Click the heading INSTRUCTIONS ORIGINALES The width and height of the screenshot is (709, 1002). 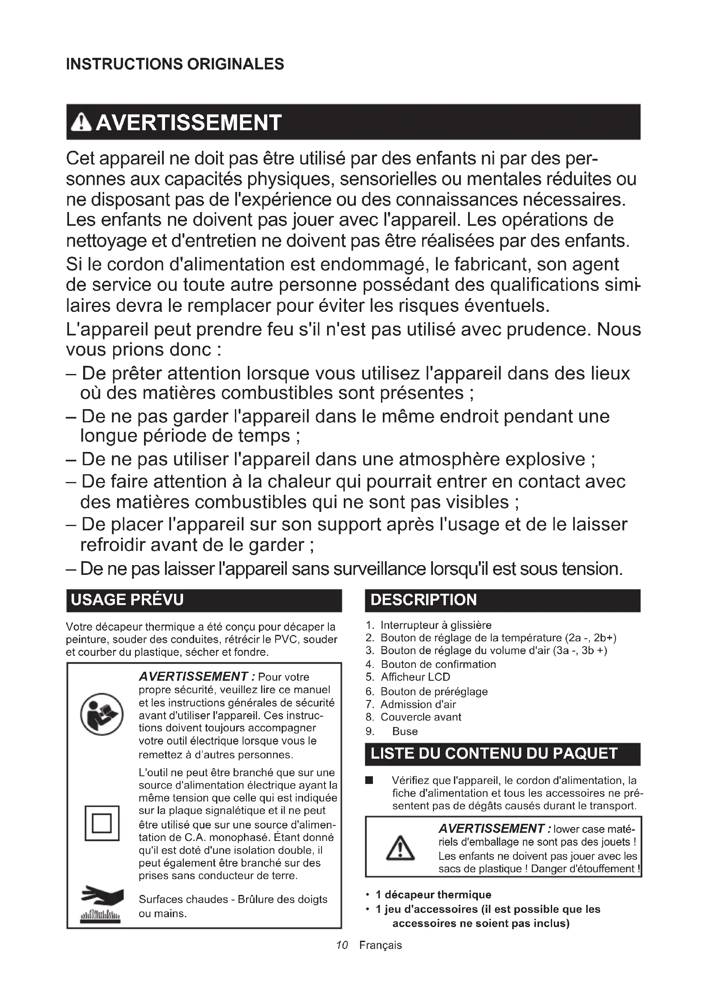pos(174,64)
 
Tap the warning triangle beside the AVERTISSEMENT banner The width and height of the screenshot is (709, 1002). pos(81,123)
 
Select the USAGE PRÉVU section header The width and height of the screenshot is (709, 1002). pos(127,600)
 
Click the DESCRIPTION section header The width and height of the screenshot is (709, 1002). pos(423,600)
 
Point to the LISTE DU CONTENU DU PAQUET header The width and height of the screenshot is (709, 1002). pos(494,754)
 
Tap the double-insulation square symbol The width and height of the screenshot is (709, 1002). pos(102,823)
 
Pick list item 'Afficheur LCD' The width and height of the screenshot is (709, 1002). pos(415,677)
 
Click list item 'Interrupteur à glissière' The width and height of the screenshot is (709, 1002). pos(436,625)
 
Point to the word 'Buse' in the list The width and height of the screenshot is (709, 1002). pos(405,731)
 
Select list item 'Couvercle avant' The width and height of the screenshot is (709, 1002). pos(421,717)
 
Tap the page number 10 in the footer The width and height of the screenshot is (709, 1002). pos(342,945)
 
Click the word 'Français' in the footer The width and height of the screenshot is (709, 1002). pos(380,945)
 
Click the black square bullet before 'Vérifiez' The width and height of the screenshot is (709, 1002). pos(370,780)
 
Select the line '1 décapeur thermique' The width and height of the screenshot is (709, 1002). pos(433,894)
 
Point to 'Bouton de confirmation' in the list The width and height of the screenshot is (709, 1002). pos(439,664)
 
